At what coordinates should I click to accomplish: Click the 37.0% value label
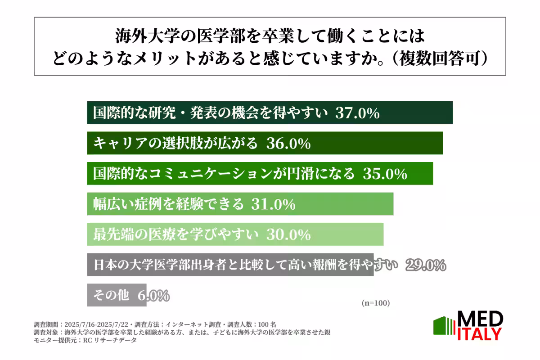(357, 113)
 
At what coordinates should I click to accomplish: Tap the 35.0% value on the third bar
(385, 174)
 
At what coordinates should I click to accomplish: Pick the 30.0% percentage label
(288, 234)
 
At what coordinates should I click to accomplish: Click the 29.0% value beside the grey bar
(425, 265)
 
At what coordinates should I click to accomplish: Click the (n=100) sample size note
(376, 303)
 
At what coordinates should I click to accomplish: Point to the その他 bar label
(111, 296)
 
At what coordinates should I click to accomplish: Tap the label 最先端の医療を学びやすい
(175, 234)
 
